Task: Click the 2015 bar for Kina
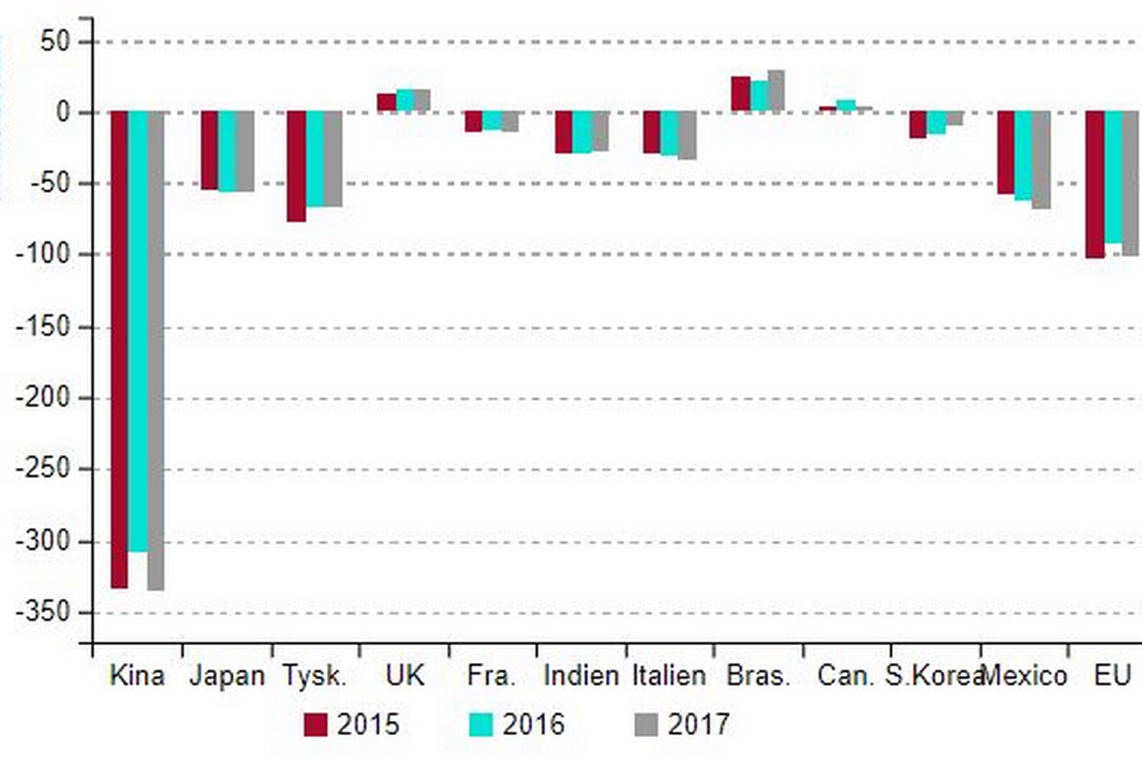120,350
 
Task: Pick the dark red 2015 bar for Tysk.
296,166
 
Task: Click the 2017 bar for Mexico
1041,160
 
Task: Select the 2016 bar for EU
1113,177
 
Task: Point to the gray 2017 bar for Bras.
776,91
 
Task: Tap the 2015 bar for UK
386,103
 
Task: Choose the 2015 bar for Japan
209,150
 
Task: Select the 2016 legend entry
517,724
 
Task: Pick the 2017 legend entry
682,724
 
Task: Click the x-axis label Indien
581,675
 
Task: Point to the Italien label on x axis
669,675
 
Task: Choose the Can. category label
845,675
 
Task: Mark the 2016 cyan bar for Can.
845,105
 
